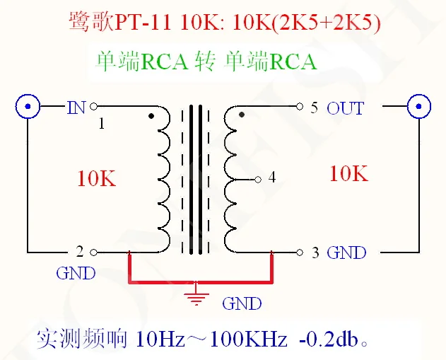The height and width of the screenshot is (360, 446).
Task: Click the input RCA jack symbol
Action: (x=28, y=106)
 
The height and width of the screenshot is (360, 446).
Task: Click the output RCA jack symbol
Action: (x=418, y=106)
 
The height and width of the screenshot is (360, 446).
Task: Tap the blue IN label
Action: (x=76, y=108)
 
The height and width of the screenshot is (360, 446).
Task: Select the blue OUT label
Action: (x=345, y=108)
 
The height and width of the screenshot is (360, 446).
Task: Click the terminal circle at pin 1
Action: (x=93, y=107)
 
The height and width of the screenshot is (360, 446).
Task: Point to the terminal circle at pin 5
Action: (x=300, y=106)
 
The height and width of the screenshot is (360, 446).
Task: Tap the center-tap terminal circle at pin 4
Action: (x=258, y=180)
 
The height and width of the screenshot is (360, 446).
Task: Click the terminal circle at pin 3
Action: (x=300, y=252)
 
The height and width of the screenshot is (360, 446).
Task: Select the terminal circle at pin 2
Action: (x=93, y=252)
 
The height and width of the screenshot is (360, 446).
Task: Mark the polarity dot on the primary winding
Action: (x=151, y=116)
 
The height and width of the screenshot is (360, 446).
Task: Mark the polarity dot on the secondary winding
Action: (x=242, y=115)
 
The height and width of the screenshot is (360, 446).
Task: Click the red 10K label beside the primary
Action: (x=97, y=179)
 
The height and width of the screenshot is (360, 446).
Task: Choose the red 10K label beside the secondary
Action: (x=348, y=173)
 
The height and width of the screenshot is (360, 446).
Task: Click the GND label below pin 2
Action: (x=76, y=274)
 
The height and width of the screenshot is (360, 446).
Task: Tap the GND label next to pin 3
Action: (x=346, y=252)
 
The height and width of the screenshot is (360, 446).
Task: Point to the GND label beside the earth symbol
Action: (x=242, y=303)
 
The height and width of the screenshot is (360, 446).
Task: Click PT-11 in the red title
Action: (x=143, y=22)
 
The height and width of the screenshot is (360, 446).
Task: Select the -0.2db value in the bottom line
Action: (x=328, y=339)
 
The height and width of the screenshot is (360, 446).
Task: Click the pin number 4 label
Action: (x=272, y=178)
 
